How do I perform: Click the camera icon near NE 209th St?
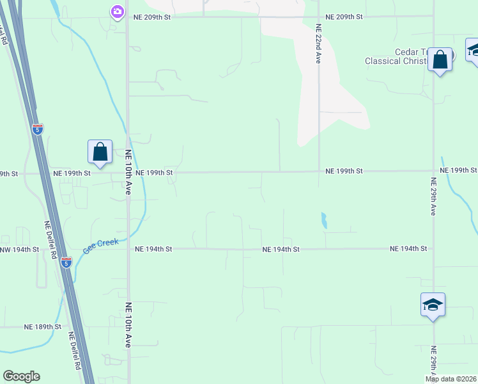[117, 12]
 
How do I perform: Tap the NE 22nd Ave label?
[318, 44]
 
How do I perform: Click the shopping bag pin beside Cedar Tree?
[440, 60]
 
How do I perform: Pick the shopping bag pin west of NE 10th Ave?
[100, 152]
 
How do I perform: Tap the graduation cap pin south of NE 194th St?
[433, 305]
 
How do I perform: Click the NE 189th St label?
[42, 326]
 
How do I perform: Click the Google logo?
[21, 376]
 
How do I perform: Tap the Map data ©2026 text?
[451, 379]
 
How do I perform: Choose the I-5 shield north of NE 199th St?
[38, 129]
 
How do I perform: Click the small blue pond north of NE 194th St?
[324, 221]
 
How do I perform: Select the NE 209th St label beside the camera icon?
[152, 17]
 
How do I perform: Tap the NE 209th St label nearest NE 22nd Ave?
[344, 17]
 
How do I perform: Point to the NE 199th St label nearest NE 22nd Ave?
[344, 172]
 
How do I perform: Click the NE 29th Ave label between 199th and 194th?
[433, 200]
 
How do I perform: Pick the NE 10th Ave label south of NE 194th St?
[128, 325]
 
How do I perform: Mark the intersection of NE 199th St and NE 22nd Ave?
[319, 172]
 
